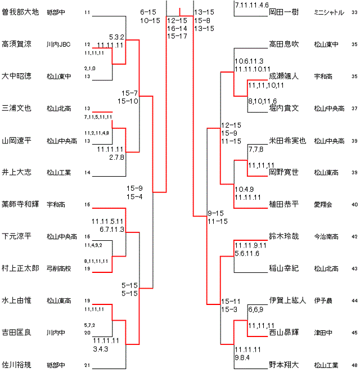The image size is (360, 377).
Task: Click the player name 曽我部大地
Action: pyautogui.click(x=20, y=12)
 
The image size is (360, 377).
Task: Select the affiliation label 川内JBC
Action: pyautogui.click(x=59, y=44)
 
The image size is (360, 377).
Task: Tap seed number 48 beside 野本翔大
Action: pyautogui.click(x=354, y=365)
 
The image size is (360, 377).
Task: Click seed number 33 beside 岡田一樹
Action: pyautogui.click(x=354, y=12)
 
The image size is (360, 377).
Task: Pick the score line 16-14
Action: pyautogui.click(x=177, y=28)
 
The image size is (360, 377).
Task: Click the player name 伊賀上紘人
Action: pyautogui.click(x=287, y=300)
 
